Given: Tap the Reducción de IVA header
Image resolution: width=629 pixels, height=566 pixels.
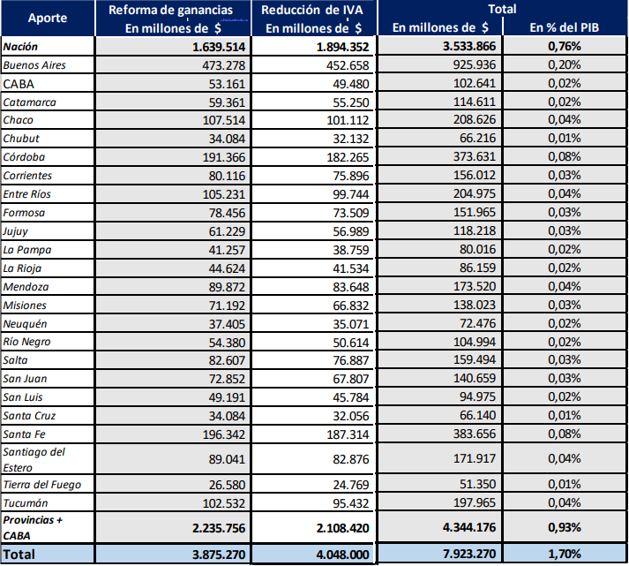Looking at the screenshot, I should click(314, 10).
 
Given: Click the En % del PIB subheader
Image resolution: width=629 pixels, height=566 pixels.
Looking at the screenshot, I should click(564, 27).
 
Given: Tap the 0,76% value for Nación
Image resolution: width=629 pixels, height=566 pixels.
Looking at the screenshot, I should click(564, 47).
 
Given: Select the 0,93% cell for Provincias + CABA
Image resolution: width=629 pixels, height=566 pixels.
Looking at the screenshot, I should click(564, 527).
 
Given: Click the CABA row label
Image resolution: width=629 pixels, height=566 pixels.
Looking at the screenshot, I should click(19, 84).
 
